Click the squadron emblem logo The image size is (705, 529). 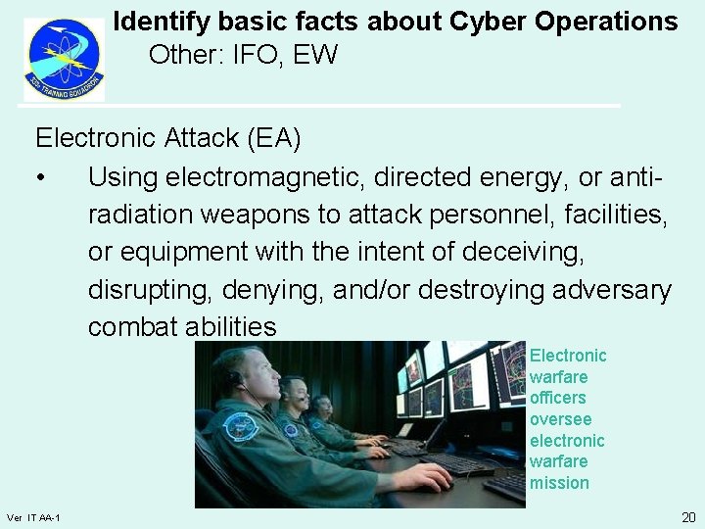(x=64, y=59)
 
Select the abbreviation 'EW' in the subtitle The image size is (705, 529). (x=315, y=55)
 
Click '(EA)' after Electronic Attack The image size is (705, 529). (x=274, y=138)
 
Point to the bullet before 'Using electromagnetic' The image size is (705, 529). (x=40, y=177)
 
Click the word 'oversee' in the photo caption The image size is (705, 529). (x=560, y=419)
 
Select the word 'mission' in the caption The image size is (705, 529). (x=559, y=483)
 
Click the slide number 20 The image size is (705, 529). (x=687, y=516)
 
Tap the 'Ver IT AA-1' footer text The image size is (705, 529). (x=33, y=517)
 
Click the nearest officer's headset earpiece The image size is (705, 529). (x=235, y=377)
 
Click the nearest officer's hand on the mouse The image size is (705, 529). (x=421, y=478)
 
